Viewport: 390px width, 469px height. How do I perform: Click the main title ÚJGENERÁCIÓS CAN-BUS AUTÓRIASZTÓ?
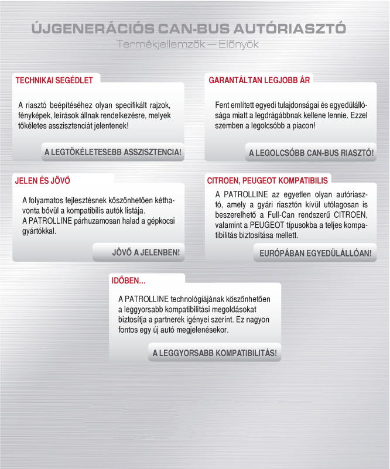[188, 29]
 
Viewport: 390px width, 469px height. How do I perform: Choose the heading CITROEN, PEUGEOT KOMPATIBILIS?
[268, 180]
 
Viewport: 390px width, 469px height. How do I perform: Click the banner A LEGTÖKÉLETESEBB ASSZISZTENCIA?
[113, 152]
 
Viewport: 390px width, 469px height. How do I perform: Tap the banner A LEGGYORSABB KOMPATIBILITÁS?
[214, 353]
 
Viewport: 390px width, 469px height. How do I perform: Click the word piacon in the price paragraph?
[301, 125]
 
